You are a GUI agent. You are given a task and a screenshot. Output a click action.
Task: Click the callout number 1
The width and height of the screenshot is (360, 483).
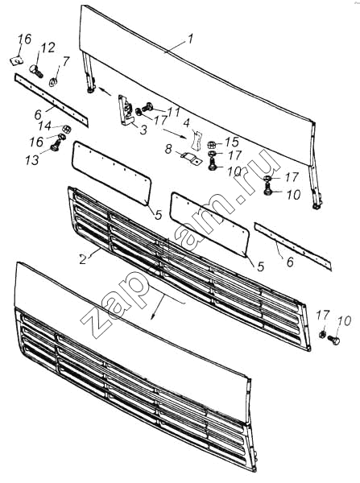191,39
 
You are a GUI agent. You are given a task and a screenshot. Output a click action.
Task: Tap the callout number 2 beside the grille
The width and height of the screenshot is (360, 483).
83,258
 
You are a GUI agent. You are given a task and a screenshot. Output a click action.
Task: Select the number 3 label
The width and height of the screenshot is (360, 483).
143,130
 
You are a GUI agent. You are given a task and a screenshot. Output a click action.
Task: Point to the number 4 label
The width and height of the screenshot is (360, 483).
186,123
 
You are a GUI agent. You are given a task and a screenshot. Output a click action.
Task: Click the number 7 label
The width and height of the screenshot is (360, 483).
66,61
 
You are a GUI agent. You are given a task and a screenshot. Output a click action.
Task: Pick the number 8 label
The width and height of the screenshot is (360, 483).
168,149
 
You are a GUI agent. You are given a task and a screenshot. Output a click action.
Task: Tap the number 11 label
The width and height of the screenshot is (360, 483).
173,112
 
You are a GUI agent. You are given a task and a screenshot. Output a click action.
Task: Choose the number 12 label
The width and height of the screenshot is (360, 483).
48,48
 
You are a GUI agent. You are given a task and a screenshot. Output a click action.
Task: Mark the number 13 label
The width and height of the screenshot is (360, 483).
32,160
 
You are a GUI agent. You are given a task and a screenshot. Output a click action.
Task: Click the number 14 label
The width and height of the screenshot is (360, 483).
45,126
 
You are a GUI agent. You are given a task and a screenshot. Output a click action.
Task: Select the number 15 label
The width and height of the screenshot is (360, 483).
232,142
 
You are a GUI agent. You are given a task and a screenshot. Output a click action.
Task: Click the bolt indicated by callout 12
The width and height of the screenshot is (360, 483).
36,71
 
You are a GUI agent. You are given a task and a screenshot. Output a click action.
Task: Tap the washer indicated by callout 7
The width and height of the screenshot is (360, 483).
53,83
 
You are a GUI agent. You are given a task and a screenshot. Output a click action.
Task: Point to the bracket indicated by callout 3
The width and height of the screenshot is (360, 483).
126,111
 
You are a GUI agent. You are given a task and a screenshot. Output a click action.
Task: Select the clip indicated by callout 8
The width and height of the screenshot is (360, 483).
190,159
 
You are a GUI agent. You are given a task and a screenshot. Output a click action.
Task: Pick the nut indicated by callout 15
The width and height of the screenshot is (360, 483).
211,144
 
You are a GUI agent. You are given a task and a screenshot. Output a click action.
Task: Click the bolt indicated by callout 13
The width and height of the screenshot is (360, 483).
56,144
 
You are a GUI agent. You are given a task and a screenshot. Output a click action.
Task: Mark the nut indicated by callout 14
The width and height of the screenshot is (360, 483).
67,129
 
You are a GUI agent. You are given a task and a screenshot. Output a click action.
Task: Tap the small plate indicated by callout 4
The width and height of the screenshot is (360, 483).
196,140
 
